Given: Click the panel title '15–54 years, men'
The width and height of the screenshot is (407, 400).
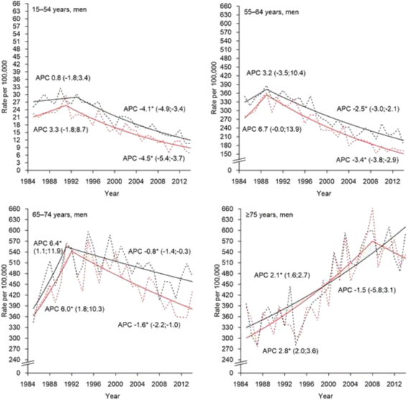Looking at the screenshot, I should [60, 10].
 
